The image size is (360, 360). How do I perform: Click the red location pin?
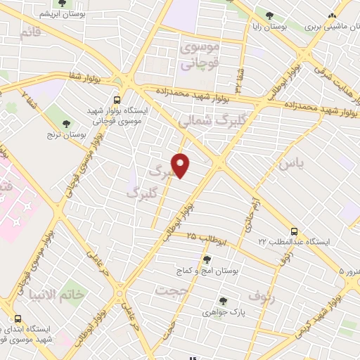click(181, 165)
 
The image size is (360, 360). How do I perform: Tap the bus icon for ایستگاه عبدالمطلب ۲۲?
click(294, 231)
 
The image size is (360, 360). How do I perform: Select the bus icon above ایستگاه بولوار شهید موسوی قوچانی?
click(117, 100)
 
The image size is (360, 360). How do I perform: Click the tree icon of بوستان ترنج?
click(66, 124)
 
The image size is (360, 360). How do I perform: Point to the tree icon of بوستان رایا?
click(270, 16)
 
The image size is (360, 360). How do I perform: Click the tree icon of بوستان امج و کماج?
click(206, 259)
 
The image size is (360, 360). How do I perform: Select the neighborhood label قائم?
click(30, 33)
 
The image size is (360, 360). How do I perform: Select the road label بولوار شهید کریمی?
click(325, 307)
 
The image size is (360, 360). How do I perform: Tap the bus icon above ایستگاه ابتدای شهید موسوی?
click(18, 319)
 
